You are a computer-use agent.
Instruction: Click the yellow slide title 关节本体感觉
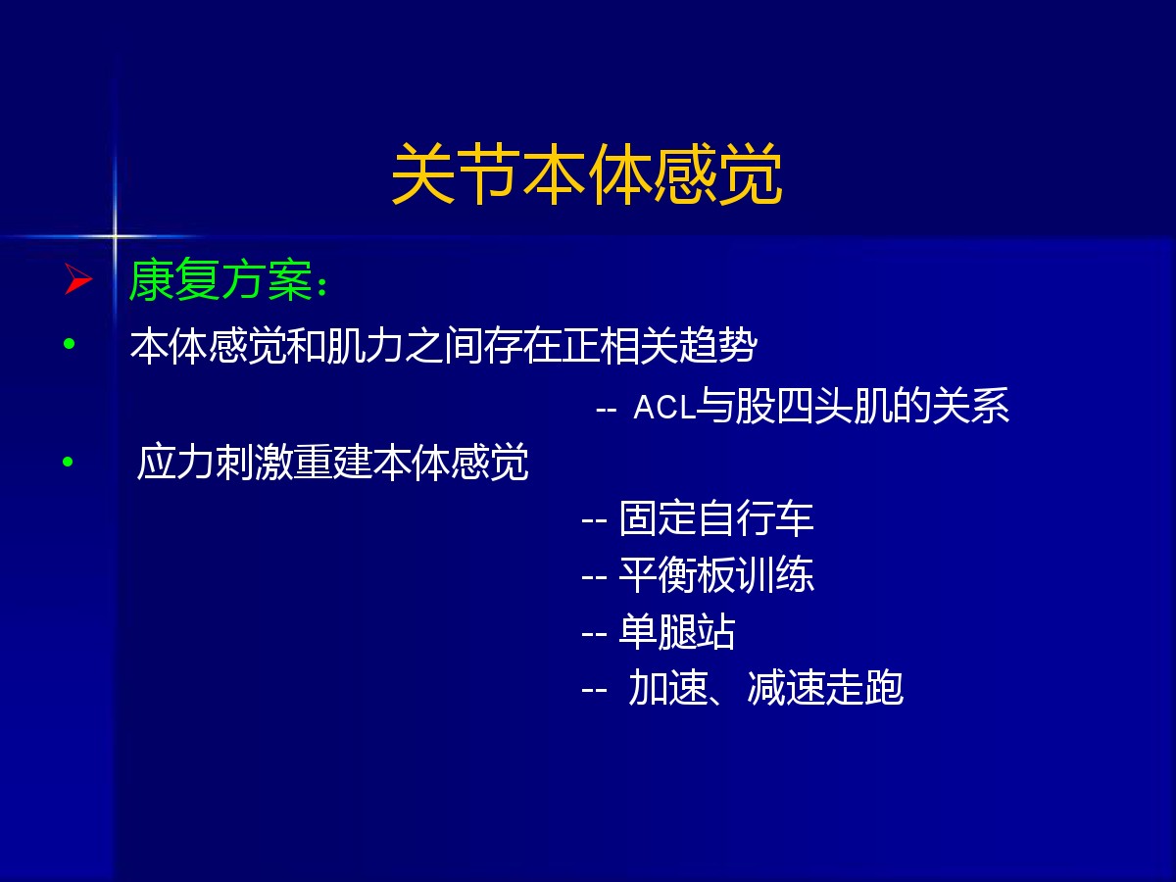tap(587, 173)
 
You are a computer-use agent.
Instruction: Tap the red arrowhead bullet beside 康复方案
tap(78, 278)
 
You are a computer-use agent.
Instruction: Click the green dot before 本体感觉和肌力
tap(70, 343)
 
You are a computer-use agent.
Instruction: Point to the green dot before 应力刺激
tap(68, 461)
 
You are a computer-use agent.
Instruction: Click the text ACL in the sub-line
tap(663, 407)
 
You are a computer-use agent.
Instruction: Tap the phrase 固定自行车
tap(716, 518)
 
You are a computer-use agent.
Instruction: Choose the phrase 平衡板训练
tap(716, 575)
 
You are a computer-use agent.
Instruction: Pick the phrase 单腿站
tap(677, 632)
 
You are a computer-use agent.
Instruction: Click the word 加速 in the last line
tap(667, 688)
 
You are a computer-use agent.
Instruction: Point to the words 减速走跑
tap(825, 688)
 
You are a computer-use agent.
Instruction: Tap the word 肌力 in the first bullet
tap(365, 345)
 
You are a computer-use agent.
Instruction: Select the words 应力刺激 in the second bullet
tap(215, 462)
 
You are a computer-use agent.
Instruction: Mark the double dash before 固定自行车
tap(594, 519)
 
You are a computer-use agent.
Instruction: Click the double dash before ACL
tap(607, 411)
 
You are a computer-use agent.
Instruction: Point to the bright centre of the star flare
tap(115, 235)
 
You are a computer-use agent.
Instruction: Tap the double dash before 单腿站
tap(594, 633)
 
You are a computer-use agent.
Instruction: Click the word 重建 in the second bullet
tap(332, 462)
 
